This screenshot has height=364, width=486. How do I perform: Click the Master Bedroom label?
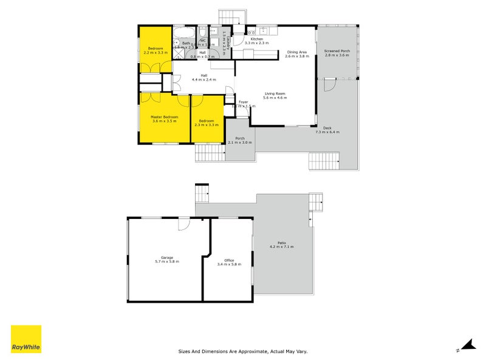(x=165, y=116)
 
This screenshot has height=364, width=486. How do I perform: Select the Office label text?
(x=229, y=260)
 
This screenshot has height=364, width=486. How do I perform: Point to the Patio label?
(x=281, y=243)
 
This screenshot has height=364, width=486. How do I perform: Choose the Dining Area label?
(x=297, y=52)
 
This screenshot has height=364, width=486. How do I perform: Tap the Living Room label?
(x=275, y=93)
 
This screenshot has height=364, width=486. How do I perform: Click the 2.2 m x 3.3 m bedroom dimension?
(x=156, y=53)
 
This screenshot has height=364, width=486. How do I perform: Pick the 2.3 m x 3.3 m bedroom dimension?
(x=207, y=125)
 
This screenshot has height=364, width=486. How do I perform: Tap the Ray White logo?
(x=26, y=339)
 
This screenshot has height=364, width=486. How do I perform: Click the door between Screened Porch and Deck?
(x=329, y=86)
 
